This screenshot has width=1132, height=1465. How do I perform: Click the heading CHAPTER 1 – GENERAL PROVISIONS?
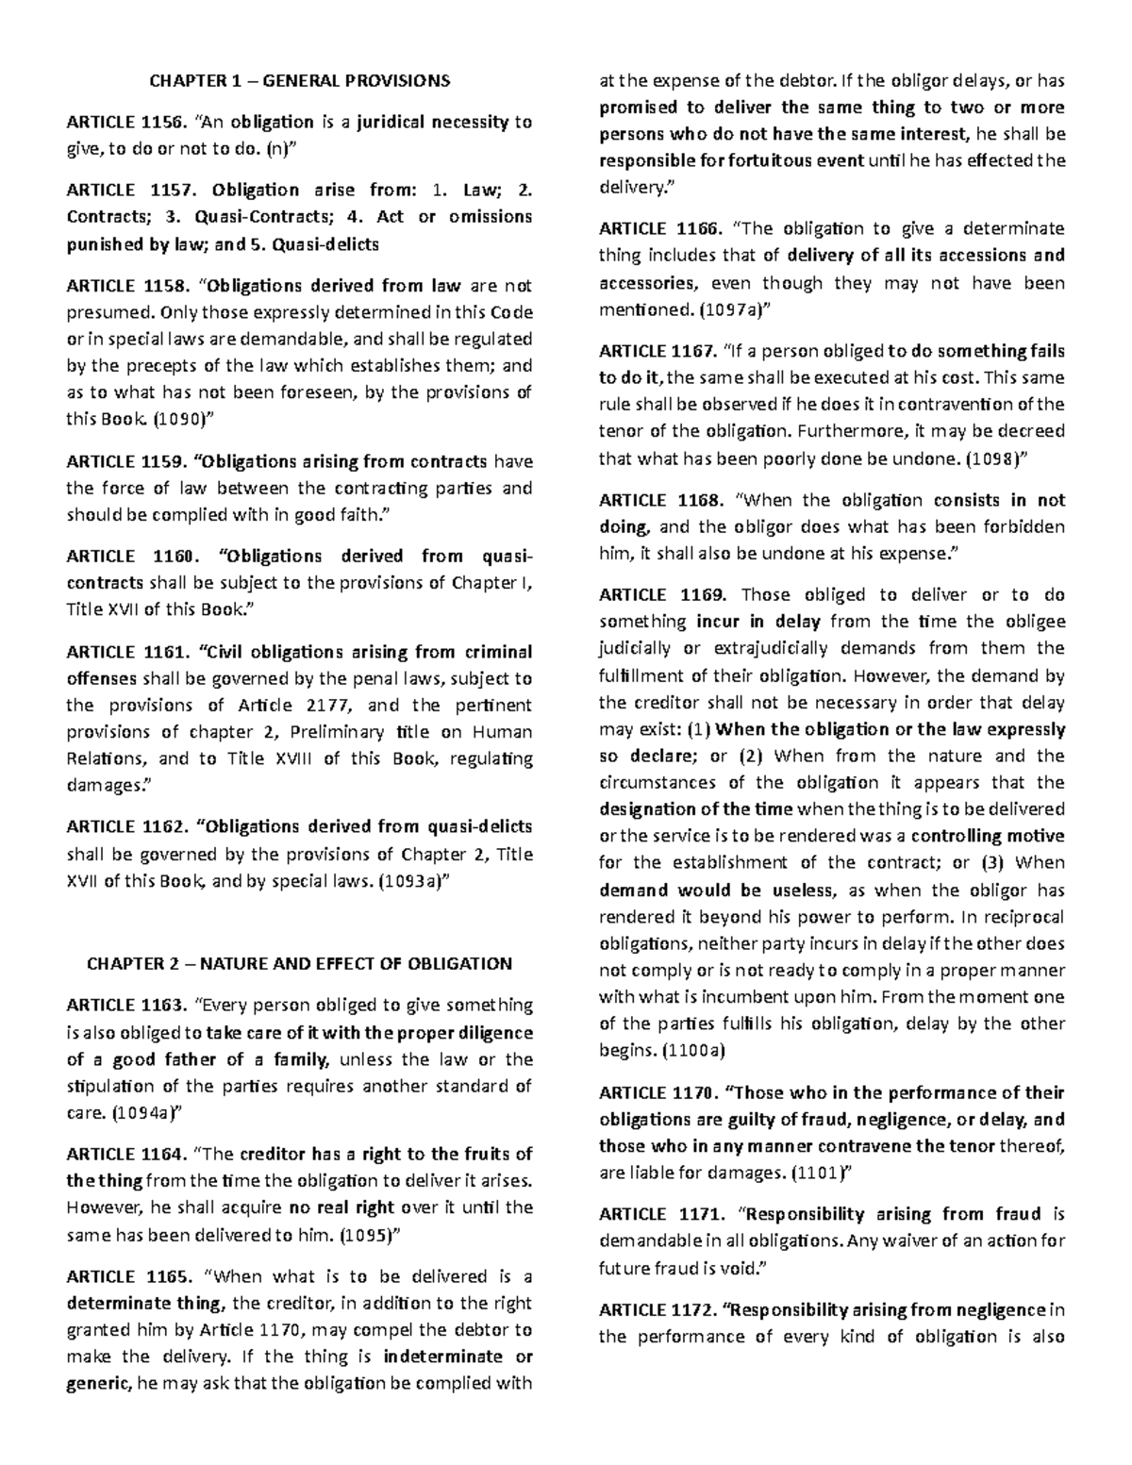pos(299,80)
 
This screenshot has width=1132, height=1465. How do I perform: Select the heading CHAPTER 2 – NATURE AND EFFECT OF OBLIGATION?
pos(299,963)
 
